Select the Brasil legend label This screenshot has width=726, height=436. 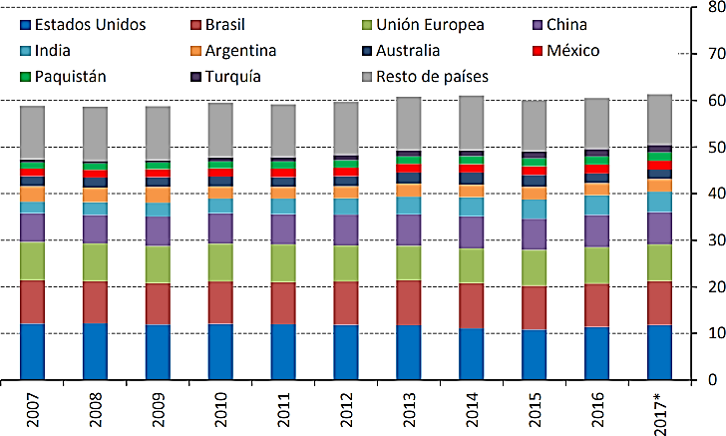pyautogui.click(x=225, y=24)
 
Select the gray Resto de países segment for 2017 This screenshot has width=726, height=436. pyautogui.click(x=659, y=120)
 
